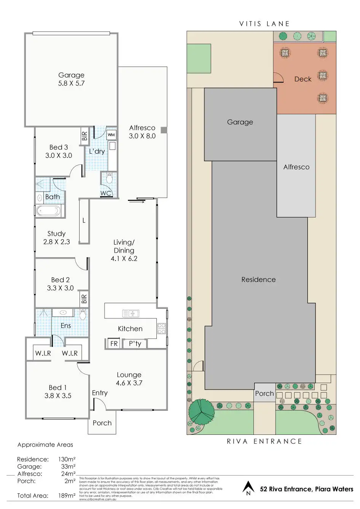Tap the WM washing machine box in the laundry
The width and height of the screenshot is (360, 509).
pyautogui.click(x=111, y=135)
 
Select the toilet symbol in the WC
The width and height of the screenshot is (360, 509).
pyautogui.click(x=110, y=178)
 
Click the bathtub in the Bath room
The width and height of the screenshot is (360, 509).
pyautogui.click(x=48, y=210)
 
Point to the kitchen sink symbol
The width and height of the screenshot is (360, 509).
pyautogui.click(x=131, y=313)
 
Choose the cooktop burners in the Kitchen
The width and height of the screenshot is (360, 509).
pyautogui.click(x=161, y=328)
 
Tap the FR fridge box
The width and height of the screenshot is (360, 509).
pyautogui.click(x=114, y=344)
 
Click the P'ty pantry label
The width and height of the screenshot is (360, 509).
pyautogui.click(x=135, y=344)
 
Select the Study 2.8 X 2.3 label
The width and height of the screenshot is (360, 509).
pyautogui.click(x=56, y=238)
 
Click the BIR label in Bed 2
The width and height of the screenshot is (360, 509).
pyautogui.click(x=84, y=299)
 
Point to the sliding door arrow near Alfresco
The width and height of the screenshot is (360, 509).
pyautogui.click(x=137, y=202)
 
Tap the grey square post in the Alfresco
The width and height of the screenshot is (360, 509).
pyautogui.click(x=164, y=130)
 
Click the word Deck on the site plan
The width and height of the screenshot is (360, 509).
pyautogui.click(x=303, y=79)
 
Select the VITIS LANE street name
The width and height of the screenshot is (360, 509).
pyautogui.click(x=264, y=24)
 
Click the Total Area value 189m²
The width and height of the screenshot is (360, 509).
pyautogui.click(x=67, y=496)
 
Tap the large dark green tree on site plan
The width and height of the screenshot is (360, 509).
pyautogui.click(x=201, y=412)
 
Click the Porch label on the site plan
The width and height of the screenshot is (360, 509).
pyautogui.click(x=264, y=394)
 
